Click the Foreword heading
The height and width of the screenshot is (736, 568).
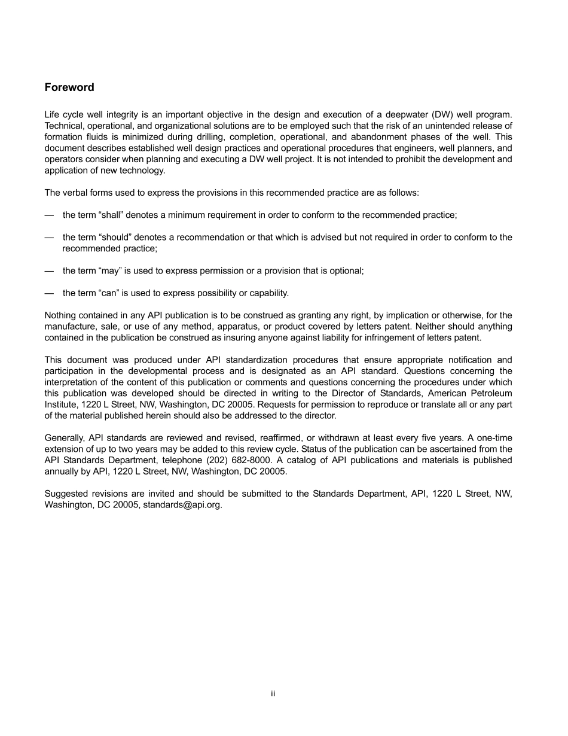(x=69, y=87)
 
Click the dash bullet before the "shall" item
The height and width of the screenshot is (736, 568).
(x=49, y=215)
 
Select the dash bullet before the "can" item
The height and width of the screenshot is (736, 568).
(x=49, y=293)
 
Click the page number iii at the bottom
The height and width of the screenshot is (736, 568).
(x=272, y=694)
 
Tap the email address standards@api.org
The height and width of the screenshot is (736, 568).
(x=182, y=504)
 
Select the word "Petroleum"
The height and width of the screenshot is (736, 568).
(x=491, y=393)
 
